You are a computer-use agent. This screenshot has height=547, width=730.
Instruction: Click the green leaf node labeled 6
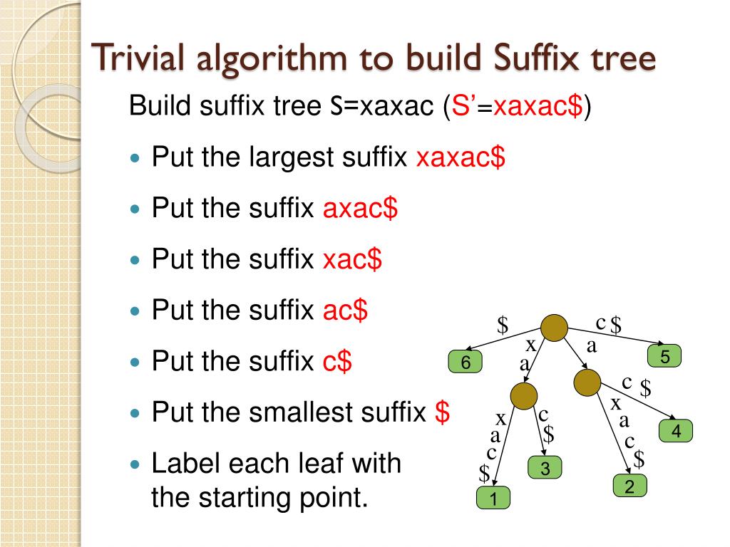pos(466,363)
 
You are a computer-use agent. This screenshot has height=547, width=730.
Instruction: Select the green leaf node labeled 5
pos(664,356)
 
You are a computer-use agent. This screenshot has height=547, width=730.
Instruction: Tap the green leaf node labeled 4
pos(676,431)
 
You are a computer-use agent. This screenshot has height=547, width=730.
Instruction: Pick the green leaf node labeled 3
pos(545,469)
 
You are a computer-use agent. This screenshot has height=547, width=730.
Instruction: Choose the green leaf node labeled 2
pos(629,486)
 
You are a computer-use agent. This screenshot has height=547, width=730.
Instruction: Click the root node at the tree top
pos(554,328)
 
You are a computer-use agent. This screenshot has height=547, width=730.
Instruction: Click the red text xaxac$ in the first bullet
pos(461,157)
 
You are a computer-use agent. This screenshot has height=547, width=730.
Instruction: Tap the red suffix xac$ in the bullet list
pos(352,260)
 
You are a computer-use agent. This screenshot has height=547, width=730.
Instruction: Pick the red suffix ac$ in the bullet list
pos(345,311)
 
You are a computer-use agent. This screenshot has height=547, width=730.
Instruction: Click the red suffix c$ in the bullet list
pos(337,362)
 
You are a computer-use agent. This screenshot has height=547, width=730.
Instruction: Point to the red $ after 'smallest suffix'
pos(442,412)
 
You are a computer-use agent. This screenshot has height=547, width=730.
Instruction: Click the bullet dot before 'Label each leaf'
pos(138,464)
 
